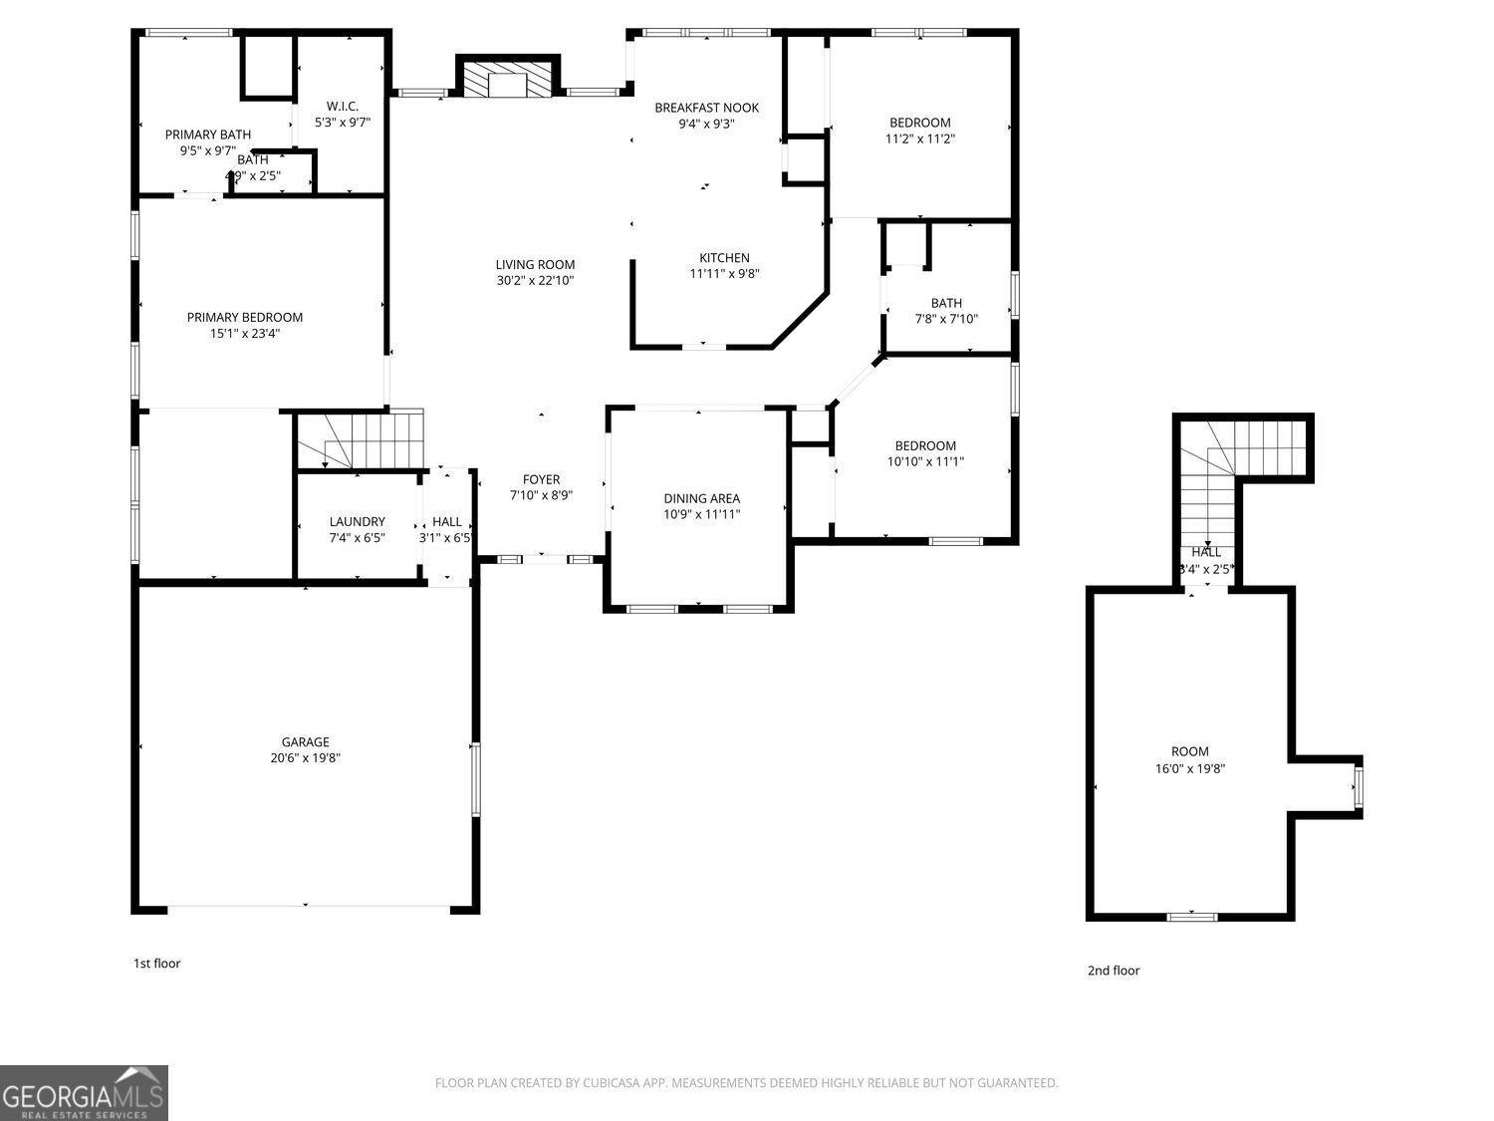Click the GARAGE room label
click(x=305, y=742)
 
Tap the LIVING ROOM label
click(x=535, y=265)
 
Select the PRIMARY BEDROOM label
click(x=244, y=318)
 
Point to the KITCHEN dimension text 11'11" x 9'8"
click(x=724, y=274)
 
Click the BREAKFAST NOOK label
click(x=706, y=108)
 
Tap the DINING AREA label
click(x=701, y=498)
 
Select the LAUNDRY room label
click(x=357, y=522)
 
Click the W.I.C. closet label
click(x=342, y=107)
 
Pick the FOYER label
click(x=541, y=480)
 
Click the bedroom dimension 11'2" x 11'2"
click(x=919, y=140)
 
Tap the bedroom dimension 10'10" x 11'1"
click(x=924, y=461)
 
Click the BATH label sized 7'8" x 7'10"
click(x=946, y=304)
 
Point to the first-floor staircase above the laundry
click(x=362, y=439)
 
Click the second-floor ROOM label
click(x=1189, y=752)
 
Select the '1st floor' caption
click(x=156, y=964)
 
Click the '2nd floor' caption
click(x=1113, y=971)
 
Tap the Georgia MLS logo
click(x=84, y=1093)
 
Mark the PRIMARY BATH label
click(x=207, y=135)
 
